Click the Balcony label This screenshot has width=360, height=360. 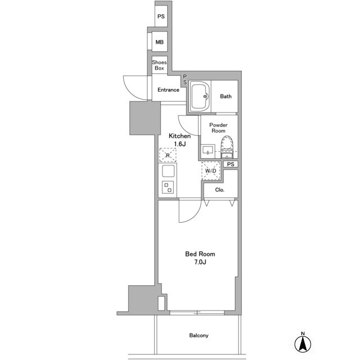click(199, 335)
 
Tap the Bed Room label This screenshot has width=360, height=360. click(200, 254)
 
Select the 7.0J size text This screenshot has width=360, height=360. click(200, 262)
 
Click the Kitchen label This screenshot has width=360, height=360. click(179, 136)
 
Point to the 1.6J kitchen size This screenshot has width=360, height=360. click(179, 144)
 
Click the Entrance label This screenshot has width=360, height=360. click(168, 90)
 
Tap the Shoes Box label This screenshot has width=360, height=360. click(159, 65)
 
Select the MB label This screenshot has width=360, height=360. click(160, 42)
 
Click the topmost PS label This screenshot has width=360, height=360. click(161, 16)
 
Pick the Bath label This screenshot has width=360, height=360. click(226, 96)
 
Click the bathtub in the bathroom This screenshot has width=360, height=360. click(200, 96)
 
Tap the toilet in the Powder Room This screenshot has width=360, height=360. click(227, 147)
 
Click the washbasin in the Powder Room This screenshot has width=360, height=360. click(208, 151)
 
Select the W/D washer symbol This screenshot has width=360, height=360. click(211, 171)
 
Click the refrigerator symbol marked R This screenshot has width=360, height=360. click(168, 155)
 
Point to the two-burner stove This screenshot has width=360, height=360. click(168, 187)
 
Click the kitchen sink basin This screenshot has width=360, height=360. click(168, 171)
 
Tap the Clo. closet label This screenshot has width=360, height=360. click(220, 190)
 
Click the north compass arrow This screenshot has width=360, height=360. click(303, 344)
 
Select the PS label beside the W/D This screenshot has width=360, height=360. click(231, 164)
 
